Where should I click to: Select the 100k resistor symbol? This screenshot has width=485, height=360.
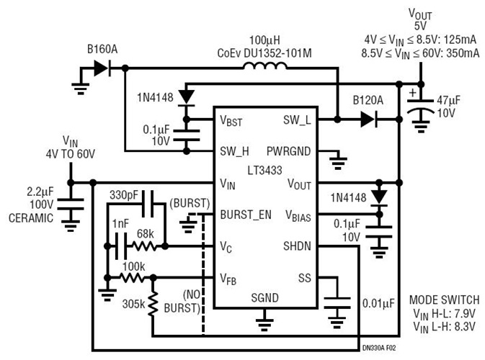pyautogui.click(x=133, y=277)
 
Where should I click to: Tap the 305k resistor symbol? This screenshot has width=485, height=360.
pyautogui.click(x=153, y=303)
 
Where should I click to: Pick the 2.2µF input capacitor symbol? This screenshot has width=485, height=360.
pyautogui.click(x=70, y=209)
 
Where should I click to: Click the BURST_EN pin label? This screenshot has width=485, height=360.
pyautogui.click(x=246, y=215)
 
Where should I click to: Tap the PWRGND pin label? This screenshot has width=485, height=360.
pyautogui.click(x=289, y=152)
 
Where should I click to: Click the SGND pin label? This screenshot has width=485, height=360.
pyautogui.click(x=264, y=297)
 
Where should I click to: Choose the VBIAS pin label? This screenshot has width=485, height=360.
pyautogui.click(x=298, y=215)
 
